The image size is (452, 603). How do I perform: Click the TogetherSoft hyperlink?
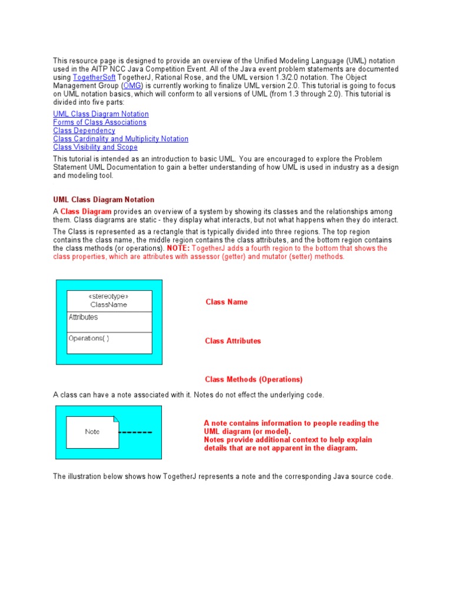point(94,78)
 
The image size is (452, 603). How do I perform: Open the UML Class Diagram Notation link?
point(101,114)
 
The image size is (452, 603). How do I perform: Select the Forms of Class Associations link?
point(99,122)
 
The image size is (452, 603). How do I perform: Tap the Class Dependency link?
point(84,131)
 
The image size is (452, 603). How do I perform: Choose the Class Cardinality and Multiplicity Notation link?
point(121,139)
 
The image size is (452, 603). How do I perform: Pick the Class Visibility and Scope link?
point(95,147)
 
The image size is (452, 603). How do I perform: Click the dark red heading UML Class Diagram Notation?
point(104,200)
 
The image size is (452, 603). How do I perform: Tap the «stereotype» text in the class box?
point(108,296)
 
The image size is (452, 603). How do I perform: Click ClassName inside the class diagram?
point(109,305)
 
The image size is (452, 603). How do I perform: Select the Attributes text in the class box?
point(84,317)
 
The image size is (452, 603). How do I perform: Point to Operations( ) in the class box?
point(89,339)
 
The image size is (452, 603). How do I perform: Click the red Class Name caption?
point(227,302)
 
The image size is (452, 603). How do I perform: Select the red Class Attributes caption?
point(233,341)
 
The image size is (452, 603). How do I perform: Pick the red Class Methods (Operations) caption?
point(254,380)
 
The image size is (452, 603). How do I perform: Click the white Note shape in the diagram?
point(92,432)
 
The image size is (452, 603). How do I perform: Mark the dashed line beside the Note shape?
point(136,432)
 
